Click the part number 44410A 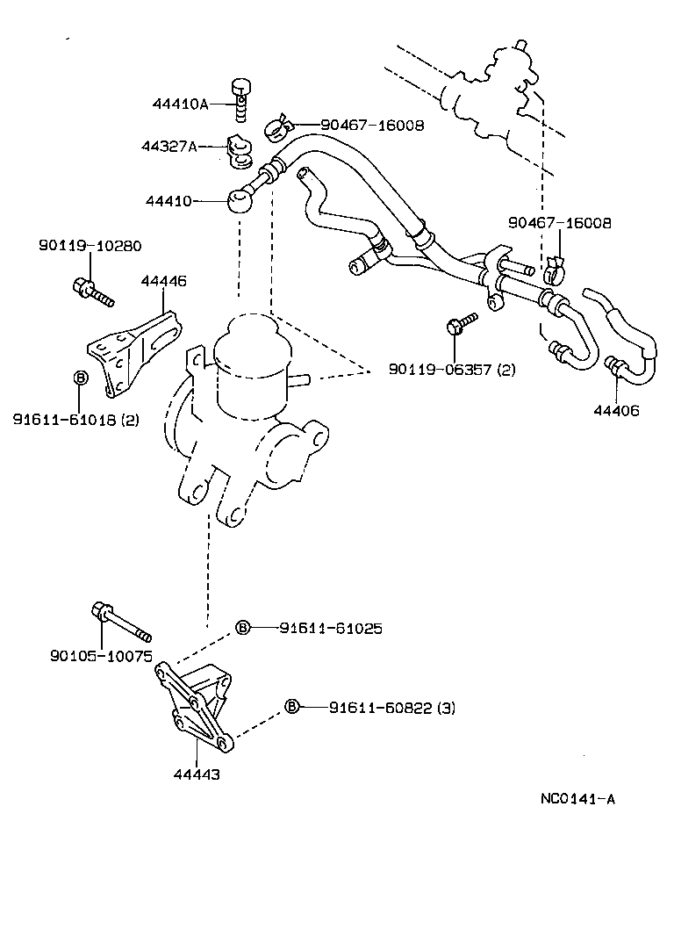(x=180, y=104)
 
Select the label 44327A (x=169, y=147)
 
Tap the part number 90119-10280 (x=90, y=246)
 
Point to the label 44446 (x=163, y=281)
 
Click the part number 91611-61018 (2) (x=75, y=420)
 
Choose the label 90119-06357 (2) (x=452, y=370)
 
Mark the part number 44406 (x=616, y=411)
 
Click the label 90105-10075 (x=102, y=656)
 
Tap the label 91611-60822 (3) (x=392, y=707)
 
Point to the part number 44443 (x=196, y=774)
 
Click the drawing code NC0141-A (x=577, y=799)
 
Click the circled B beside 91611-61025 (x=243, y=628)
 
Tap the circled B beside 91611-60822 (x=293, y=706)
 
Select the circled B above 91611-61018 (x=79, y=378)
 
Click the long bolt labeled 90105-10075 (x=120, y=622)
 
